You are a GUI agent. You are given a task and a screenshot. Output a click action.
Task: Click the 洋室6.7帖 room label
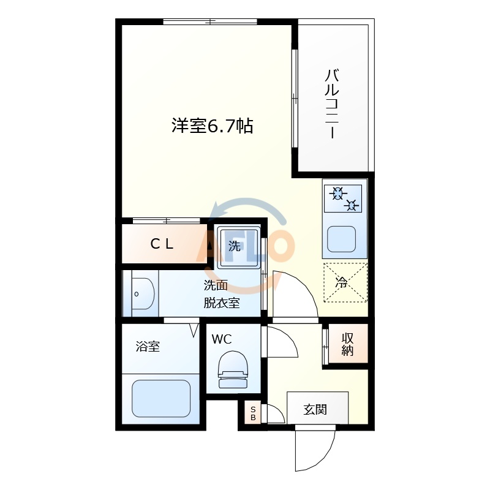click(212, 127)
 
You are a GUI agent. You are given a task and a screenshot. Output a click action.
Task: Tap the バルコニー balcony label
click(332, 105)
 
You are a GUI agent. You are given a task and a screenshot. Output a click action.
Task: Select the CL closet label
click(162, 244)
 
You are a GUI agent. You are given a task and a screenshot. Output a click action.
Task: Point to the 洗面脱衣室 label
click(221, 294)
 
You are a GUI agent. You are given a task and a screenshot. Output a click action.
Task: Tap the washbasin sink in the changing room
click(142, 293)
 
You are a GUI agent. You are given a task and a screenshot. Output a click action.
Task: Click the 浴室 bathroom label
click(148, 347)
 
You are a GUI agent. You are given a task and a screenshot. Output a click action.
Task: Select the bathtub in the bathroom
click(161, 399)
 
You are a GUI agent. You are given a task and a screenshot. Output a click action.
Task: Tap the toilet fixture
click(233, 370)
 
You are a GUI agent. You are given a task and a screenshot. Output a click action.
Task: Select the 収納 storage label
click(348, 344)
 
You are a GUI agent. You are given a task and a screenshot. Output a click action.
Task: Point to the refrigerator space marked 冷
click(345, 282)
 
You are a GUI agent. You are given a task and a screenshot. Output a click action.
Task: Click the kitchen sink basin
click(341, 238)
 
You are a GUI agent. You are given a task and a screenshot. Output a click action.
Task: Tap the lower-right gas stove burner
click(352, 205)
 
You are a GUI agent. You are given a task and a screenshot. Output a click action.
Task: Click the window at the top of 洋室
click(210, 22)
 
